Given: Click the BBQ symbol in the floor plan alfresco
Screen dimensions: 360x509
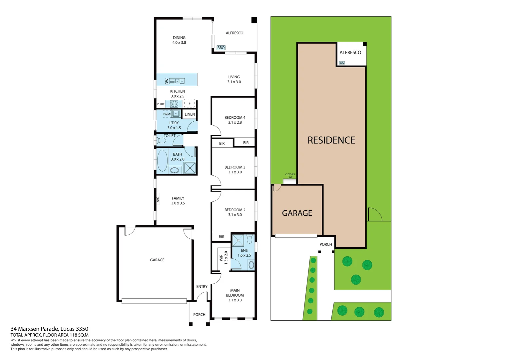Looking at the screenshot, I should click(221, 48).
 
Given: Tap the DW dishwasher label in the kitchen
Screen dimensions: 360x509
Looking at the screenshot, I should click(167, 81).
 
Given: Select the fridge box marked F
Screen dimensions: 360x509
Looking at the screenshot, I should click(190, 103).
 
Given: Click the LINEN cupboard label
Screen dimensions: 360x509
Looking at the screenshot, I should click(190, 114).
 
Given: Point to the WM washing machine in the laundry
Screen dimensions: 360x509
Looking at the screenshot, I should click(167, 114).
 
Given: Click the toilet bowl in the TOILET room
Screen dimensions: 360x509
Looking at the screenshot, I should click(161, 140).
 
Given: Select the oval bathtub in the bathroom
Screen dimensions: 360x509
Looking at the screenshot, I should click(162, 161).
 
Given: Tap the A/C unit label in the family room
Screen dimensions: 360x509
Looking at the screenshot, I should click(158, 200).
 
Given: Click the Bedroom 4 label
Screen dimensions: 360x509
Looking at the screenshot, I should click(235, 117).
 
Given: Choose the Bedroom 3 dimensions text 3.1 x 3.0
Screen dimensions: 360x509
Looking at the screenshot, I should click(235, 172).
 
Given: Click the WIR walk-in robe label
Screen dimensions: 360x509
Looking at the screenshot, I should click(221, 258).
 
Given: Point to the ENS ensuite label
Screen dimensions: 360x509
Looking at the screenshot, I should click(244, 250).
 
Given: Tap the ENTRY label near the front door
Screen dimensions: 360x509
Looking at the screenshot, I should click(202, 286).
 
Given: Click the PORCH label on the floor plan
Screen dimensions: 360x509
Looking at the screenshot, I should click(199, 314).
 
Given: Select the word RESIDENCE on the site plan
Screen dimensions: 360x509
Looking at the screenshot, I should click(331, 140).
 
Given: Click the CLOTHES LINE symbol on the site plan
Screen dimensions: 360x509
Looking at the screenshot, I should click(289, 181).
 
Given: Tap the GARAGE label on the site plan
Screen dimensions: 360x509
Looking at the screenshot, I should click(297, 213).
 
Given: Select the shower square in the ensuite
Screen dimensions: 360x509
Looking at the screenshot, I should click(238, 240).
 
